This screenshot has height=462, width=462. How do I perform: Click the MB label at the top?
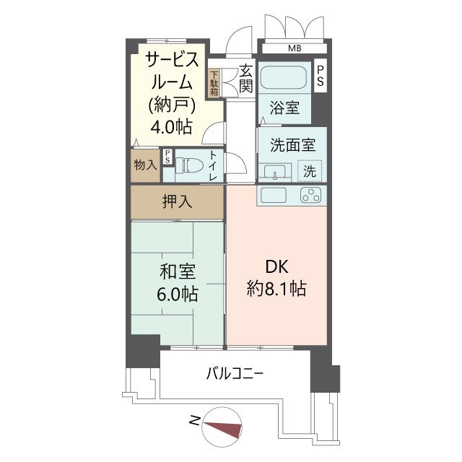pyautogui.click(x=295, y=49)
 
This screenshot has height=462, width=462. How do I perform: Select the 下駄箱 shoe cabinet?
pyautogui.click(x=214, y=83)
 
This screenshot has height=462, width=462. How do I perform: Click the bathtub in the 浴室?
pyautogui.click(x=283, y=78)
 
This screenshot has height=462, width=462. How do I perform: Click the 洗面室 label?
pyautogui.click(x=292, y=144)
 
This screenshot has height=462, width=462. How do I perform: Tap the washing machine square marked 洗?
pyautogui.click(x=309, y=171)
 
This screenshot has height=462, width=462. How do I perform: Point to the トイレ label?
pyautogui.click(x=214, y=165)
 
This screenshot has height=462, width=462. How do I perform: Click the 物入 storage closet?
pyautogui.click(x=145, y=165)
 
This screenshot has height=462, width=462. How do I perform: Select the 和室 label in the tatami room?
pyautogui.click(x=176, y=272)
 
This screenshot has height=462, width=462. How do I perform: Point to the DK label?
pyautogui.click(x=276, y=266)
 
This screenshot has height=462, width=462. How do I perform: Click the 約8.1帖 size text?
pyautogui.click(x=276, y=289)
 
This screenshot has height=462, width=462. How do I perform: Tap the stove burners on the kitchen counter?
pyautogui.click(x=311, y=195)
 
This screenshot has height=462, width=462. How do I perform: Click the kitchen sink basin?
pyautogui.click(x=274, y=195)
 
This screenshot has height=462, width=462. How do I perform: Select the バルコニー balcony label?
pyautogui.click(x=235, y=374)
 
